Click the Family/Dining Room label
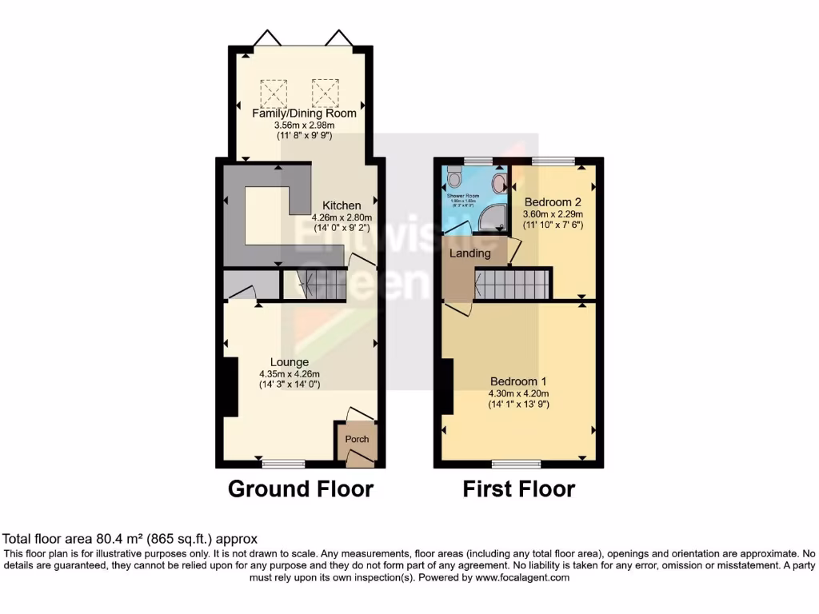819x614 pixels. [304, 113]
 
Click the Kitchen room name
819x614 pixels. [342, 205]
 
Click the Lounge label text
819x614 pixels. [289, 362]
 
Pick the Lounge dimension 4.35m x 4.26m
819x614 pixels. [289, 373]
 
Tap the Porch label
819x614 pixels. [357, 439]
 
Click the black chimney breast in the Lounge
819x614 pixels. [230, 387]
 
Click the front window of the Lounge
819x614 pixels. [283, 463]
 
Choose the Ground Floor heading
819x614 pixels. [301, 488]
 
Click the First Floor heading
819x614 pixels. [518, 488]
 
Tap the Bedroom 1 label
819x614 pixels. [518, 381]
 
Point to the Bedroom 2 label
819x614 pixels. [552, 202]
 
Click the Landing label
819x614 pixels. [469, 253]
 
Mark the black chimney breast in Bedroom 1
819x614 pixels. [446, 387]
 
